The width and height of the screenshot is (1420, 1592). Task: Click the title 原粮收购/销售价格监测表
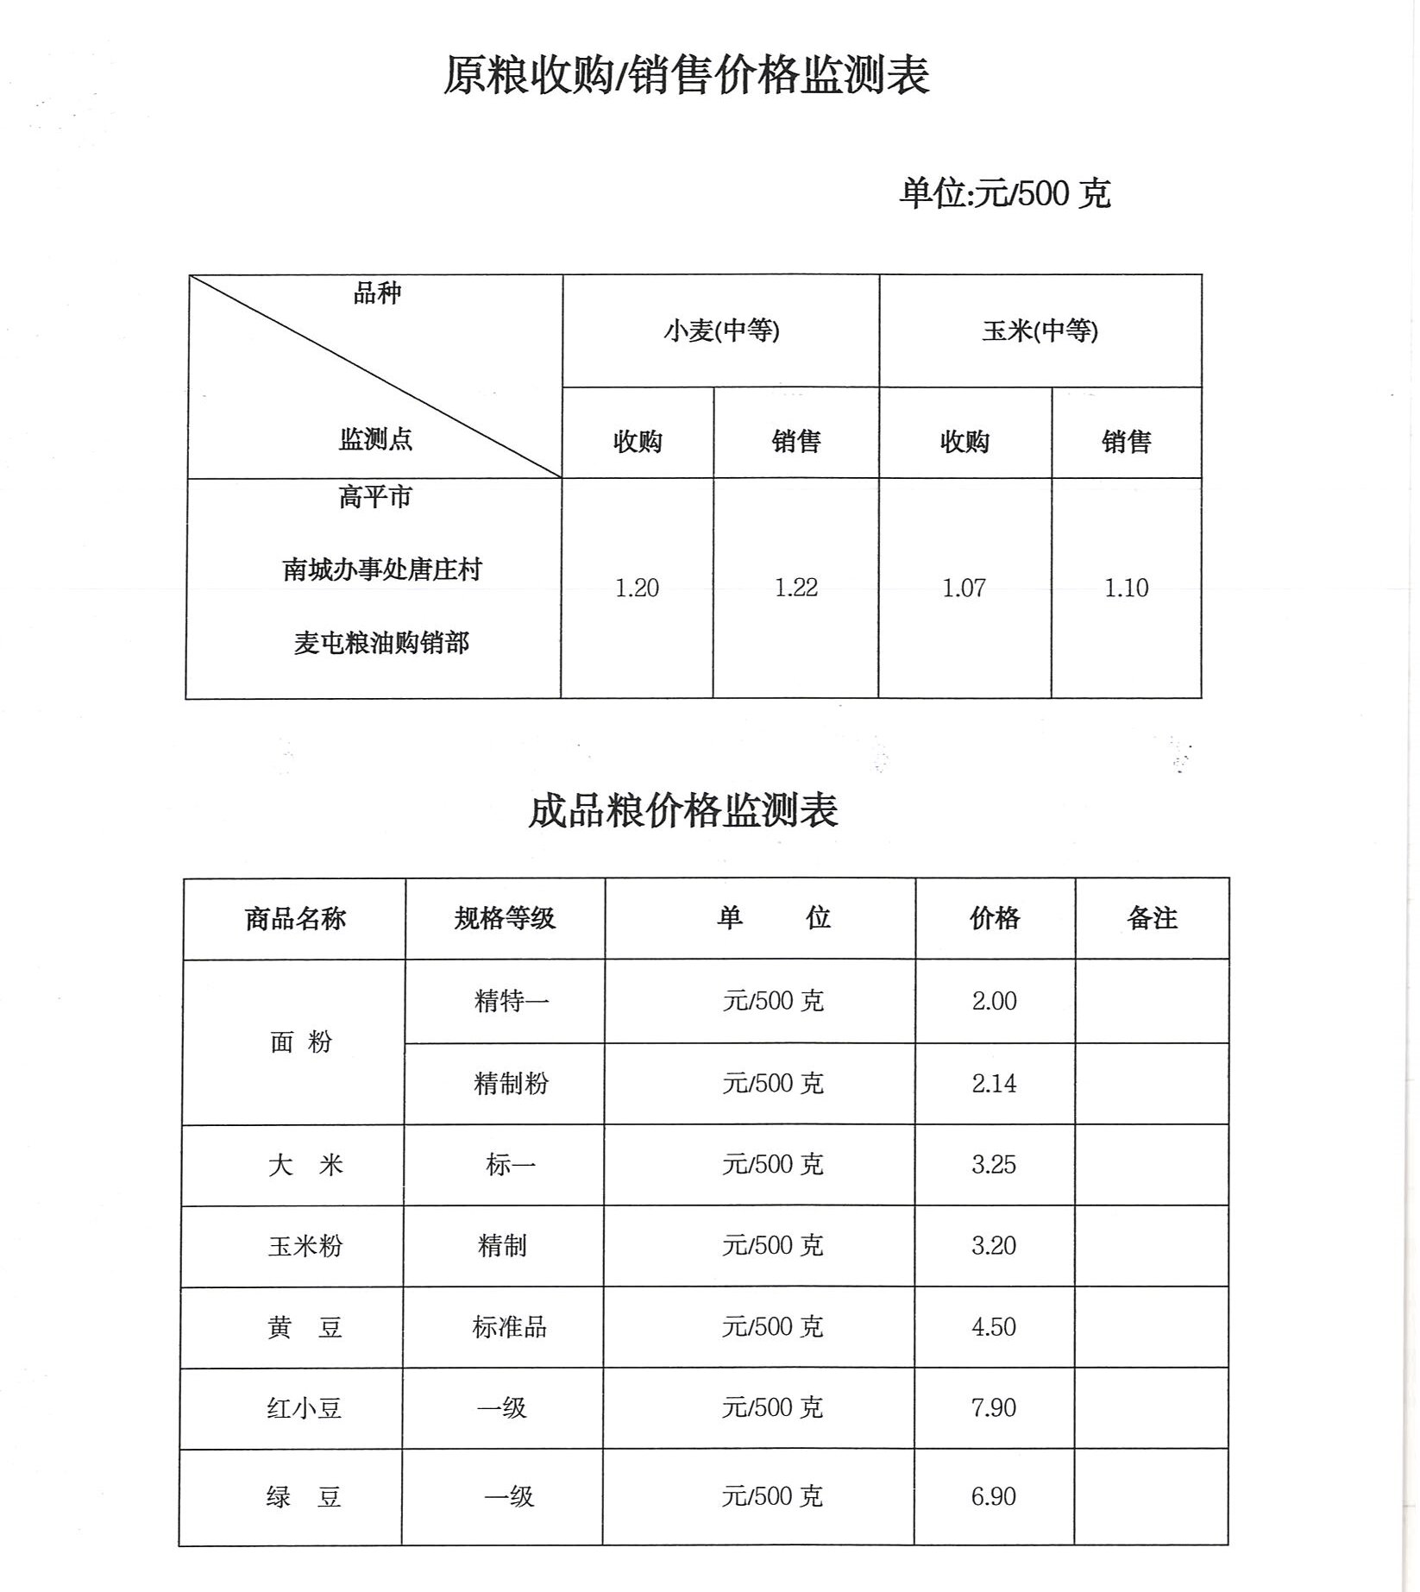click(686, 75)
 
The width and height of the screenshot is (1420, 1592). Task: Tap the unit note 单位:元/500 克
click(1004, 193)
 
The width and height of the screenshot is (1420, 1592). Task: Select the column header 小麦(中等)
click(721, 330)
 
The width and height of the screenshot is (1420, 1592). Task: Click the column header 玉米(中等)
click(1040, 330)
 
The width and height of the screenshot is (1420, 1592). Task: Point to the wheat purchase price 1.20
click(637, 588)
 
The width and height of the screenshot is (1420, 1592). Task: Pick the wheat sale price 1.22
click(795, 588)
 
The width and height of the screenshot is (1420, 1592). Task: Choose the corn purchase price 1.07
click(964, 588)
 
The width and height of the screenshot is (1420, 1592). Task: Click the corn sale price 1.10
click(1126, 588)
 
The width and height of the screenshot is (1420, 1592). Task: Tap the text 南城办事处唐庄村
click(381, 569)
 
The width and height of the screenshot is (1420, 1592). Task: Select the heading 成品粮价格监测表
click(682, 811)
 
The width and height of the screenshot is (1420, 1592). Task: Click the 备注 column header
click(1152, 918)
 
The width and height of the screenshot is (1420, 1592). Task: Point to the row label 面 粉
click(300, 1042)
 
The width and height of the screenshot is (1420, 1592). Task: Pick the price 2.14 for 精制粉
click(994, 1084)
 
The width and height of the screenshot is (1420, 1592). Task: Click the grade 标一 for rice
click(510, 1166)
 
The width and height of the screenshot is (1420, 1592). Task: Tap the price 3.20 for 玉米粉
click(994, 1246)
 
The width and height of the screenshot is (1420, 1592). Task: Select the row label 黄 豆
click(304, 1327)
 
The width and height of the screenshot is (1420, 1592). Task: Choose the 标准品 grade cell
click(509, 1327)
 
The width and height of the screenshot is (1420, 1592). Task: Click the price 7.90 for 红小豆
click(994, 1408)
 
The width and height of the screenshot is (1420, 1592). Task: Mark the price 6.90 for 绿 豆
click(993, 1496)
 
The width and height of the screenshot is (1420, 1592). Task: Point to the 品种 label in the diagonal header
click(377, 293)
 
